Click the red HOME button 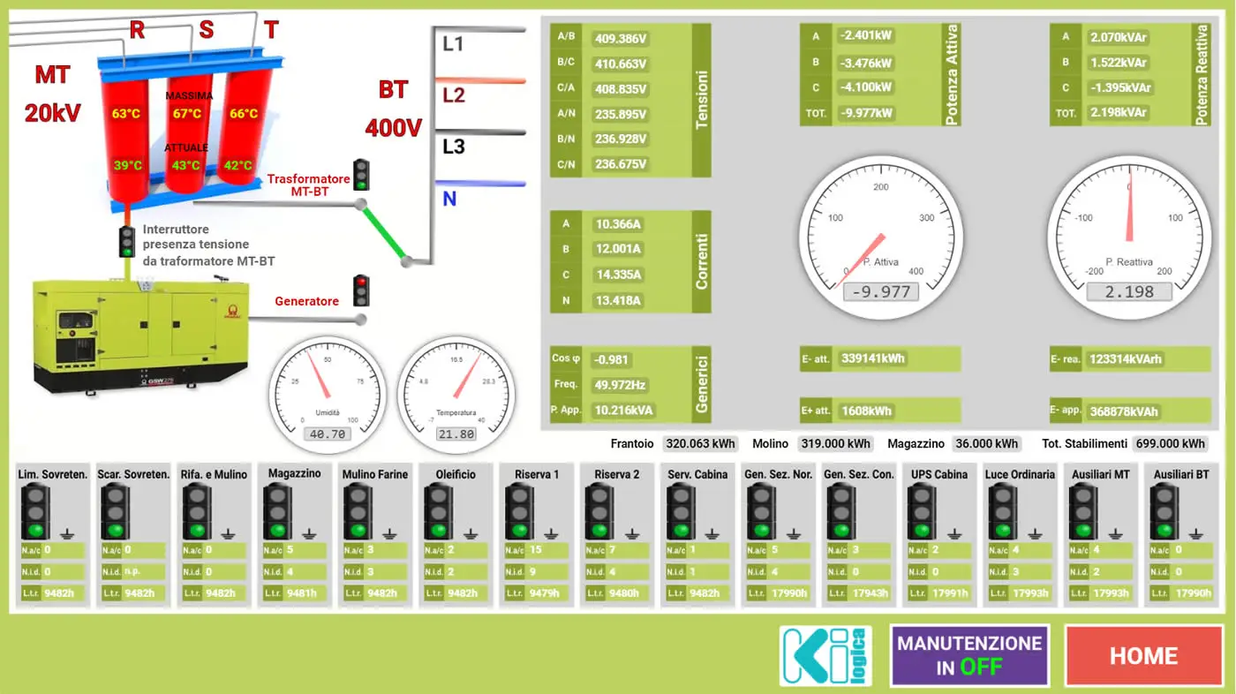(1143, 656)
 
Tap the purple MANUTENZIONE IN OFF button (969, 656)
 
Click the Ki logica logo (825, 656)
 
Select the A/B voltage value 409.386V (622, 39)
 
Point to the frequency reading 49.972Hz (620, 385)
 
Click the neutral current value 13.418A (618, 300)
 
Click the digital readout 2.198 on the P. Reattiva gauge (1129, 292)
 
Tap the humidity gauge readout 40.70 (328, 434)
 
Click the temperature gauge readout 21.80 (456, 434)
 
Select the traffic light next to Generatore (361, 290)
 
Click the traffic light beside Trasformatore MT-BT (361, 175)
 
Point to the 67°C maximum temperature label (187, 113)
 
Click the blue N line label (449, 200)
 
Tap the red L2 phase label (453, 94)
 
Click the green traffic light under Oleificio (439, 513)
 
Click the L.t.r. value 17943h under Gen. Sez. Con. (869, 593)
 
